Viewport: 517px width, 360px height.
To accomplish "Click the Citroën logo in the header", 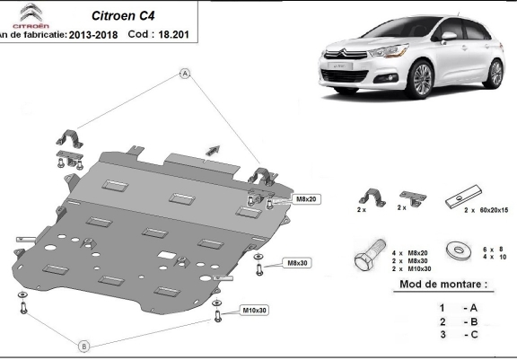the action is (31, 16).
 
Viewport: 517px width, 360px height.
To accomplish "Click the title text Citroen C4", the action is (123, 16).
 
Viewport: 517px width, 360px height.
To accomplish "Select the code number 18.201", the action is (174, 35).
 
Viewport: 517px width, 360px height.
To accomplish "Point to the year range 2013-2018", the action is (93, 35).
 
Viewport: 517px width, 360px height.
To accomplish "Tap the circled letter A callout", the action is (185, 74).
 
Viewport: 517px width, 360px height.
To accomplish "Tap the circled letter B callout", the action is (84, 347).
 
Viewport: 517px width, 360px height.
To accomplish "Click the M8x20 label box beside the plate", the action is (306, 199).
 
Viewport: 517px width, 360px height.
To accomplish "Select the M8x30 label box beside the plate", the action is (297, 263).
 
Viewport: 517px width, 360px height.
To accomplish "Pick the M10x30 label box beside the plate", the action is (254, 311).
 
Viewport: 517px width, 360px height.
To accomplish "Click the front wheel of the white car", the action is (421, 79).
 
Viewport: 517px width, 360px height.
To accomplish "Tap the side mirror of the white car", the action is (448, 36).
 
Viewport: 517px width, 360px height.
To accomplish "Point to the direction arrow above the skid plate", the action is (213, 150).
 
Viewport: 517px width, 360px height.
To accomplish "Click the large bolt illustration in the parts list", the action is (370, 255).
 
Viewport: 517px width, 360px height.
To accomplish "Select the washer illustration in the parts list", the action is (459, 250).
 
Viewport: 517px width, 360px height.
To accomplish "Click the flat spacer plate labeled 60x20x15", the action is (464, 197).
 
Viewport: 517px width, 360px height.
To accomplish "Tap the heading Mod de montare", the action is (443, 285).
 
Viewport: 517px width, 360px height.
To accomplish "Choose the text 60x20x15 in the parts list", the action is (494, 210).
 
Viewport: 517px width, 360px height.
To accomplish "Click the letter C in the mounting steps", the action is (474, 335).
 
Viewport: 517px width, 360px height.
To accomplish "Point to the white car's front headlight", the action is (388, 51).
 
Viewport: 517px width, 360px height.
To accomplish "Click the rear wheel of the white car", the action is (494, 74).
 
